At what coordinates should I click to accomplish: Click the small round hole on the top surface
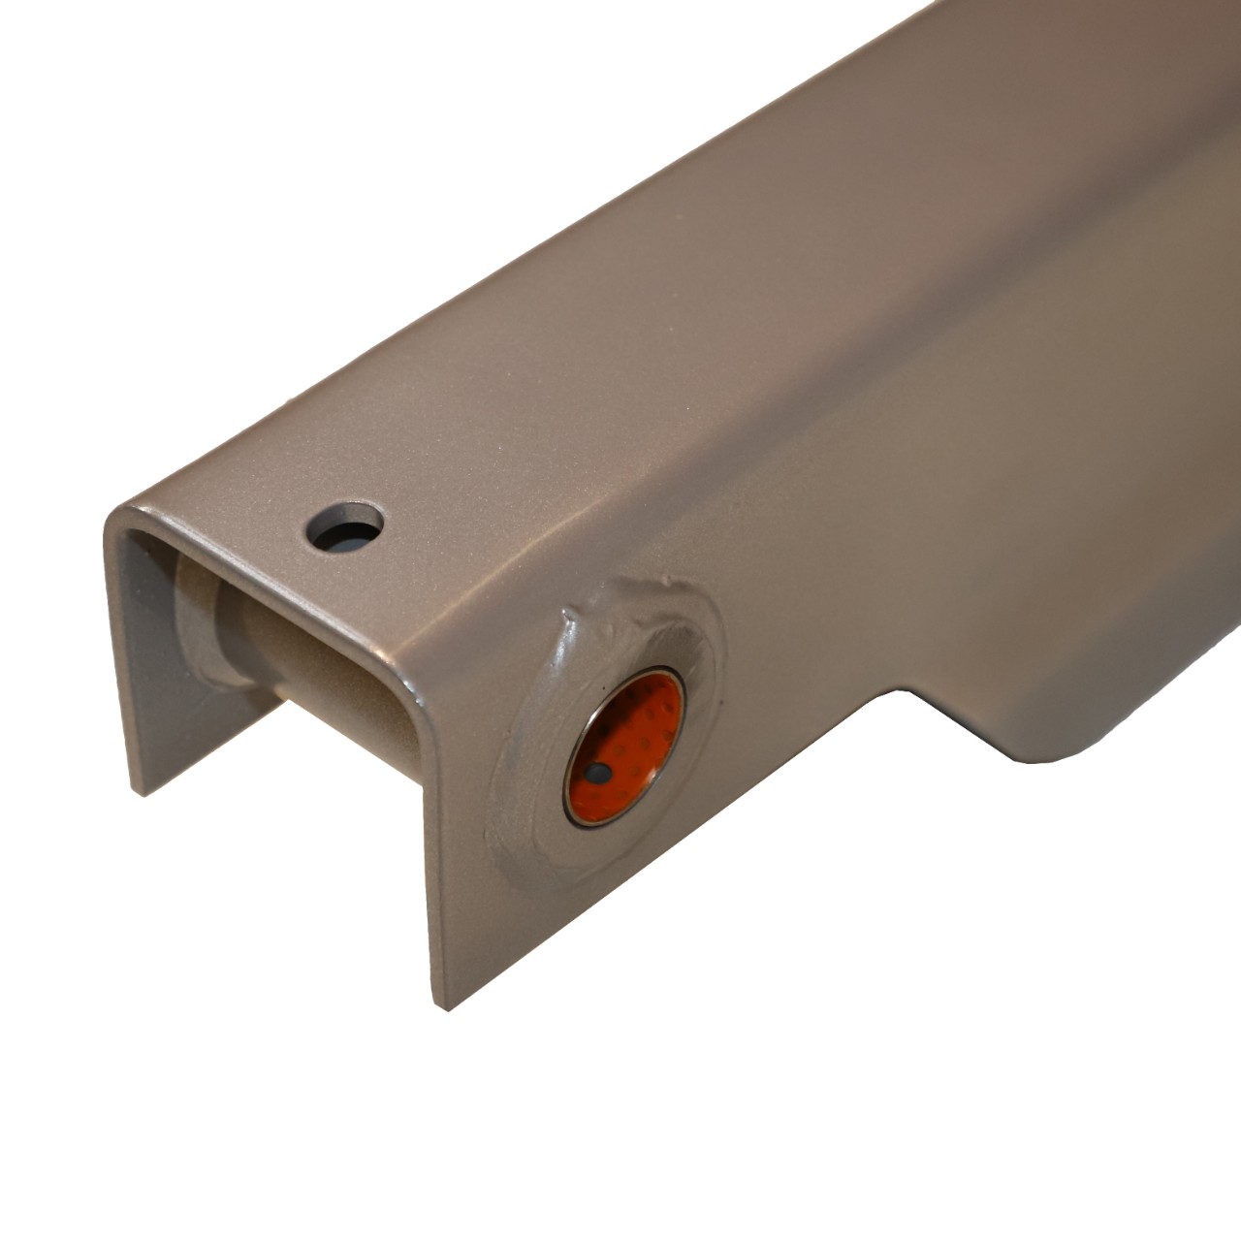point(345,527)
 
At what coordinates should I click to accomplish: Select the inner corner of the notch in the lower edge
point(907,691)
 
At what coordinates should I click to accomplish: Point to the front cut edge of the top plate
point(262,596)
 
